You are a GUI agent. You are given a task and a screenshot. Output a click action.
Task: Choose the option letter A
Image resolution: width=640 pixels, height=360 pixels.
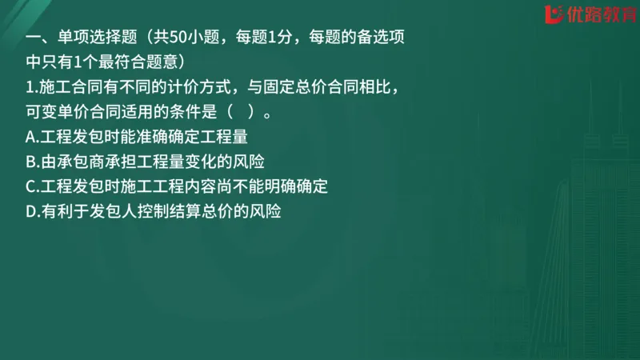pos(30,137)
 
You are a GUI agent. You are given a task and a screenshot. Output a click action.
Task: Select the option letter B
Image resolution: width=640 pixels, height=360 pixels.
pos(30,162)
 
